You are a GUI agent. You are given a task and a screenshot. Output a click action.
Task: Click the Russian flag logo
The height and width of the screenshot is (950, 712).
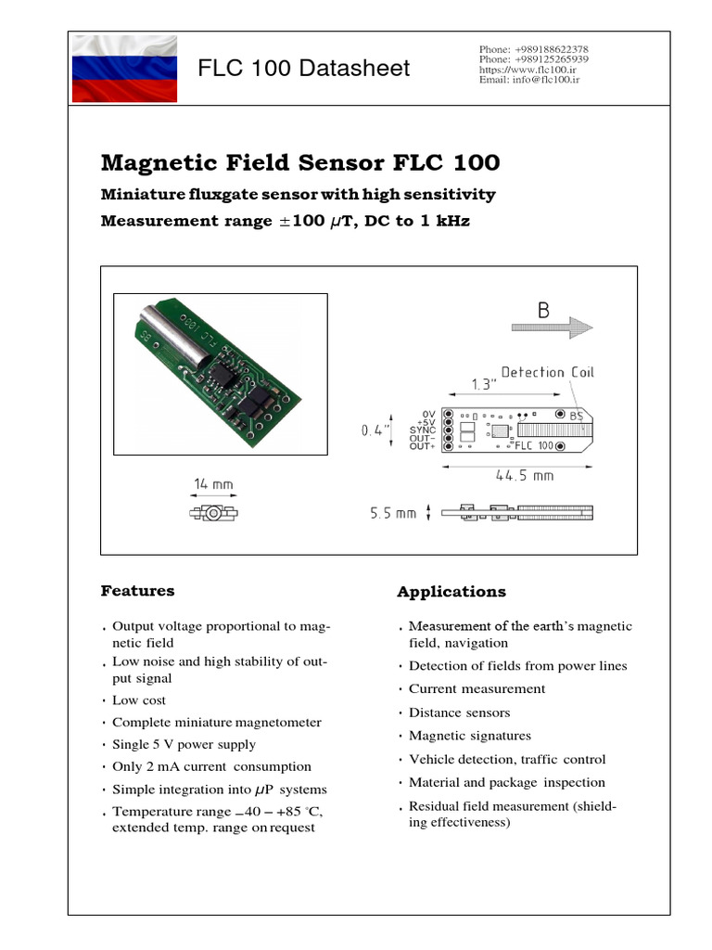pyautogui.click(x=124, y=70)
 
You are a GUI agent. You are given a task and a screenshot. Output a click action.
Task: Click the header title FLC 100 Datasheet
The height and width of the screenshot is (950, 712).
pyautogui.click(x=304, y=69)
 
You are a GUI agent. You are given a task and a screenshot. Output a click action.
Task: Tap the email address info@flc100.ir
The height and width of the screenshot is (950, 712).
pyautogui.click(x=529, y=81)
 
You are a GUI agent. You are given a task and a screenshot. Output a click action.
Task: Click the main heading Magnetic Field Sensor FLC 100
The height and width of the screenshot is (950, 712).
pyautogui.click(x=299, y=163)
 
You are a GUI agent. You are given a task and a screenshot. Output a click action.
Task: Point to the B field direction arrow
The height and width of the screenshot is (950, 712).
pyautogui.click(x=552, y=327)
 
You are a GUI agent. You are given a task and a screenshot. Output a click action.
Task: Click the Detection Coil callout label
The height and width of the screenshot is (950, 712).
pyautogui.click(x=548, y=372)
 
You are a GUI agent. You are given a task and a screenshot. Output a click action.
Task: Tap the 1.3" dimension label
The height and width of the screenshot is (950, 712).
pyautogui.click(x=482, y=383)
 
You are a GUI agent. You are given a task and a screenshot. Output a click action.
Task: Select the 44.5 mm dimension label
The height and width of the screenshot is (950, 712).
pyautogui.click(x=525, y=476)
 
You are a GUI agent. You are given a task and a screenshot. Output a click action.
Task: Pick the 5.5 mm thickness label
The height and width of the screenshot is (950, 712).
pyautogui.click(x=393, y=512)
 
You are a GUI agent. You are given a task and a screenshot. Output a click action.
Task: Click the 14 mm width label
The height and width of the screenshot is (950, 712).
pyautogui.click(x=213, y=483)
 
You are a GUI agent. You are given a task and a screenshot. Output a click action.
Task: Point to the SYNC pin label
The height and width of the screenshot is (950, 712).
pyautogui.click(x=423, y=430)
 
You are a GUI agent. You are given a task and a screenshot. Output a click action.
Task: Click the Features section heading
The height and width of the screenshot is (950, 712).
pyautogui.click(x=137, y=590)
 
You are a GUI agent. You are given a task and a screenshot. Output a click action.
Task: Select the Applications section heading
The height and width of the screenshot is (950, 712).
pyautogui.click(x=451, y=592)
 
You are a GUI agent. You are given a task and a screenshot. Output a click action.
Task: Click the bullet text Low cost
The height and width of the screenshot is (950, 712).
pyautogui.click(x=139, y=700)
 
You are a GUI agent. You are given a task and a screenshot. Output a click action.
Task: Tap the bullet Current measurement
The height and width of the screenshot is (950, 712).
pyautogui.click(x=477, y=688)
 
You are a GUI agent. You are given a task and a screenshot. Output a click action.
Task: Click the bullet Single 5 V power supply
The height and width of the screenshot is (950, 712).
pyautogui.click(x=184, y=744)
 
